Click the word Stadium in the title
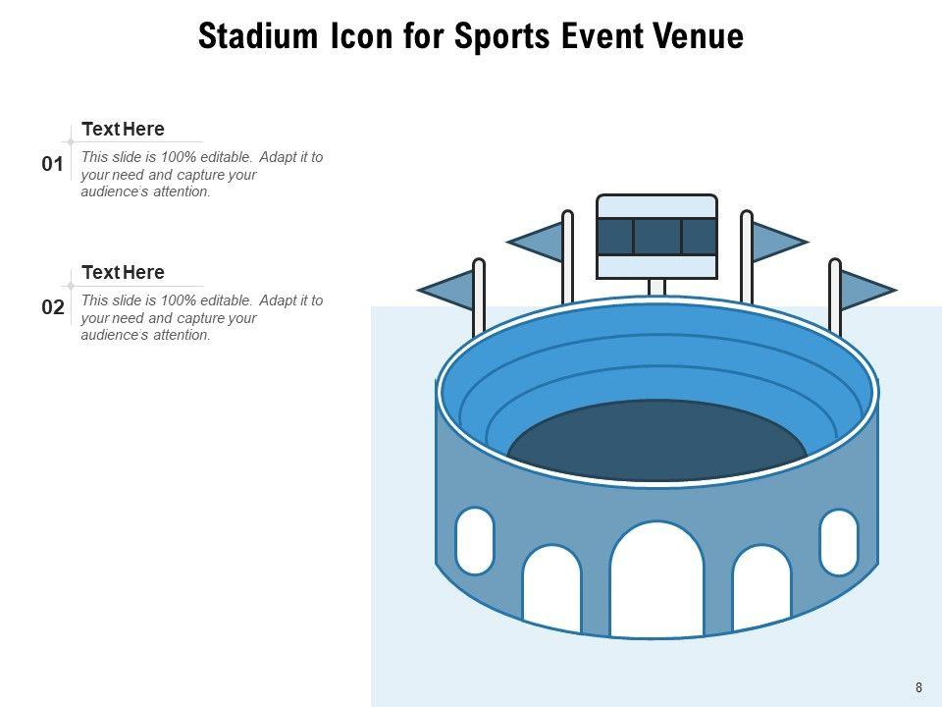[x=258, y=36]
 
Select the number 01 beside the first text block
[x=52, y=164]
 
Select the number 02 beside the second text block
[x=52, y=307]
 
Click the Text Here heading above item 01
[x=123, y=130]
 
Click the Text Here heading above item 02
[x=123, y=272]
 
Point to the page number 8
[x=918, y=687]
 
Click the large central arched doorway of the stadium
[x=656, y=580]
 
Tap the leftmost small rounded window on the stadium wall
[x=475, y=540]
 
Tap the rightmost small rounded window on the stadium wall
[x=839, y=542]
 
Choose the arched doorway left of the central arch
[x=552, y=589]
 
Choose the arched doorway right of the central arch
[x=761, y=588]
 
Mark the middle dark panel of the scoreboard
[x=657, y=237]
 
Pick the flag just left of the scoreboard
[x=536, y=242]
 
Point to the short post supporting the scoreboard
[x=656, y=288]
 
